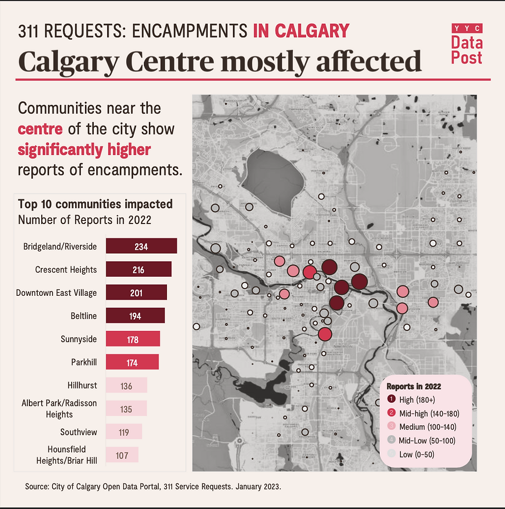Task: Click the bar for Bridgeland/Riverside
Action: tap(141, 246)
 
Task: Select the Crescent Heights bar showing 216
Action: tap(138, 269)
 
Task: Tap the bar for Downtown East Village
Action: tap(136, 293)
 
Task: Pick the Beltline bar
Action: tap(135, 316)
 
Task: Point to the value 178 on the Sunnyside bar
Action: tap(132, 339)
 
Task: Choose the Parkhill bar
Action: tap(132, 362)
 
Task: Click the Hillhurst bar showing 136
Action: tap(126, 386)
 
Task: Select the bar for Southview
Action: tap(124, 432)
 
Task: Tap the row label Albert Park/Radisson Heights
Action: tap(59, 408)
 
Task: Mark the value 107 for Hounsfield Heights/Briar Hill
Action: tap(122, 455)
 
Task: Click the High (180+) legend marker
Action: tap(391, 399)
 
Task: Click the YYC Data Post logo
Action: tap(466, 44)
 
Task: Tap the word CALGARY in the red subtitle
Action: tap(312, 31)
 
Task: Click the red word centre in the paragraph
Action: tap(40, 129)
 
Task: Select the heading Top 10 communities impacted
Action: tap(95, 204)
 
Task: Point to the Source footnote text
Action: tap(153, 487)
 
